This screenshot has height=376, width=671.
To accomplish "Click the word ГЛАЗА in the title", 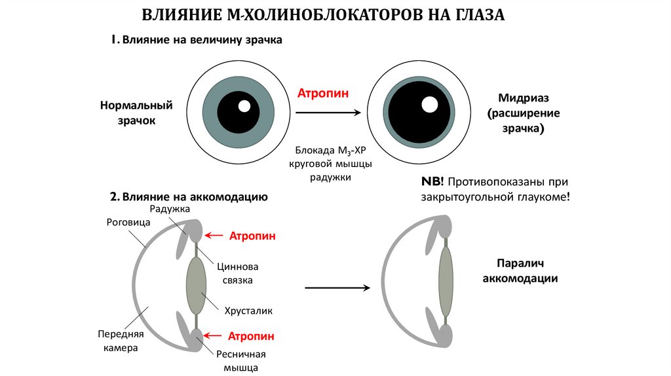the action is pos(478,15).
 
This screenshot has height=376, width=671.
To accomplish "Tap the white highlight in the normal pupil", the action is pos(244,106).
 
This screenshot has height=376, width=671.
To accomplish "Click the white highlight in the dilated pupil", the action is pos(429,104).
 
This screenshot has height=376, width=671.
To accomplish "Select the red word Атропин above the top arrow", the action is pos(323,93).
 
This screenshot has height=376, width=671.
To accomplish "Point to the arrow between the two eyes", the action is pos(328,113).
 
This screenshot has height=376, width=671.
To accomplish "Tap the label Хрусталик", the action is pos(248,310).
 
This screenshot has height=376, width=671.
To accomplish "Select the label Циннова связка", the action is pos(236,274).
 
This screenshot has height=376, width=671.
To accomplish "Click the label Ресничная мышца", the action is pos(240,361).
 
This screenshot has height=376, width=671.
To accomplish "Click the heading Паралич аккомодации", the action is pos(520,271).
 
